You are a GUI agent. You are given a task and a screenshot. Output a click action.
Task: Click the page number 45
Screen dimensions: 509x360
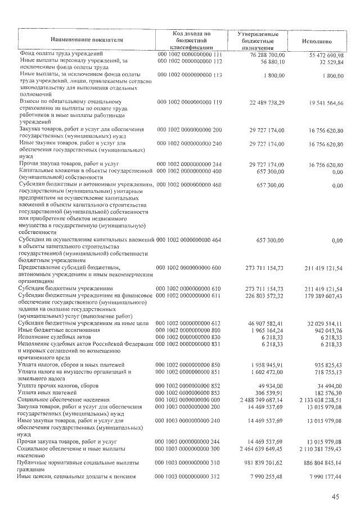[335, 497]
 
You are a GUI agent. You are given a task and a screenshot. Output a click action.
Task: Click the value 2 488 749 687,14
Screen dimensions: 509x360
[263, 399]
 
